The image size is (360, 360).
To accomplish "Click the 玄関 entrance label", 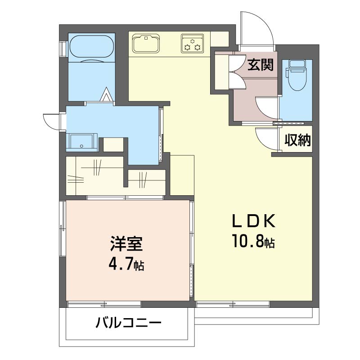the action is click(x=260, y=64).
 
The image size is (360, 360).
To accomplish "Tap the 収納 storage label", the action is click(x=297, y=140).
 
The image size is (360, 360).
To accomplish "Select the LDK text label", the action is click(x=253, y=220).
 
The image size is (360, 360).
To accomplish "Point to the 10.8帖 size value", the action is click(x=253, y=241).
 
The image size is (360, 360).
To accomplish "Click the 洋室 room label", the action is click(x=126, y=243).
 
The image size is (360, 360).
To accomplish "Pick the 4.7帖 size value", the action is click(x=126, y=264).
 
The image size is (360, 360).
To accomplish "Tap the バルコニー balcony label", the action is click(x=128, y=323).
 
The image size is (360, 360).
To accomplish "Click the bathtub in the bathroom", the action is click(x=92, y=46).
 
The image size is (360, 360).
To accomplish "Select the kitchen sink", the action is click(x=146, y=43).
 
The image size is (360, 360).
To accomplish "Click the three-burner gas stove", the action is click(x=193, y=43).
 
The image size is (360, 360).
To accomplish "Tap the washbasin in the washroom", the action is click(x=82, y=141).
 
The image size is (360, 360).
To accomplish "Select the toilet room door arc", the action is click(x=267, y=108).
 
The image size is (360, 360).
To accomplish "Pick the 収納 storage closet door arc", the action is click(x=266, y=139).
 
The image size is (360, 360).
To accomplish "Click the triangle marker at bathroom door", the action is click(x=106, y=94).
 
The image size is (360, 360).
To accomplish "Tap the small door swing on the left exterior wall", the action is click(x=51, y=121).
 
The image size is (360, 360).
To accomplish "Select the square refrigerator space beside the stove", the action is click(x=220, y=39).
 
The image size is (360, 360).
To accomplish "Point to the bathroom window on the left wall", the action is click(x=63, y=49).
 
